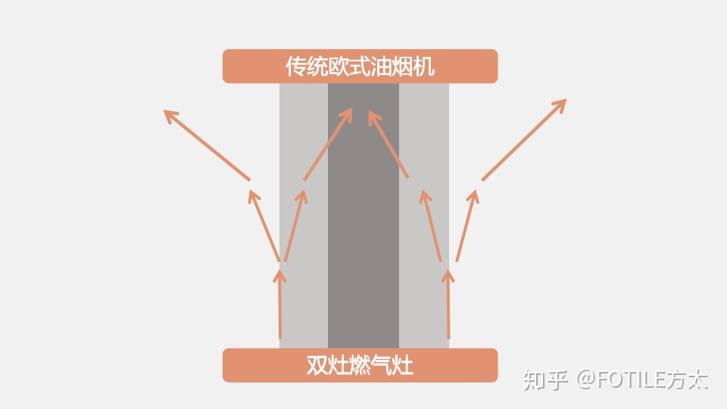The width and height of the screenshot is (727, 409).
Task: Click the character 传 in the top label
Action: click(295, 67)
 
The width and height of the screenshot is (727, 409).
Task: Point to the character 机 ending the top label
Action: click(426, 67)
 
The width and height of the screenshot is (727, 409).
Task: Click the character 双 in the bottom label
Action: click(317, 366)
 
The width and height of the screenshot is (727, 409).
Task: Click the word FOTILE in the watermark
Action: click(631, 379)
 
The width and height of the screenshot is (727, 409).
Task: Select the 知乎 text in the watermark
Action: click(544, 379)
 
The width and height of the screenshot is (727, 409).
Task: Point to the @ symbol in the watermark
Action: click(585, 379)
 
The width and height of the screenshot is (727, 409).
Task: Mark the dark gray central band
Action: click(363, 227)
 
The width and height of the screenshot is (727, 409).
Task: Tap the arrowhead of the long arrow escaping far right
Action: click(561, 103)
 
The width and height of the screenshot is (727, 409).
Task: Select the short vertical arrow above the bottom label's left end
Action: click(280, 303)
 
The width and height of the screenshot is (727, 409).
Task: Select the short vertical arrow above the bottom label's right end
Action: click(448, 303)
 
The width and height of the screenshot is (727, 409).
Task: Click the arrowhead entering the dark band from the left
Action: click(348, 113)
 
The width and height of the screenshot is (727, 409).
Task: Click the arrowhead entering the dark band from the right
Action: click(373, 117)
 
